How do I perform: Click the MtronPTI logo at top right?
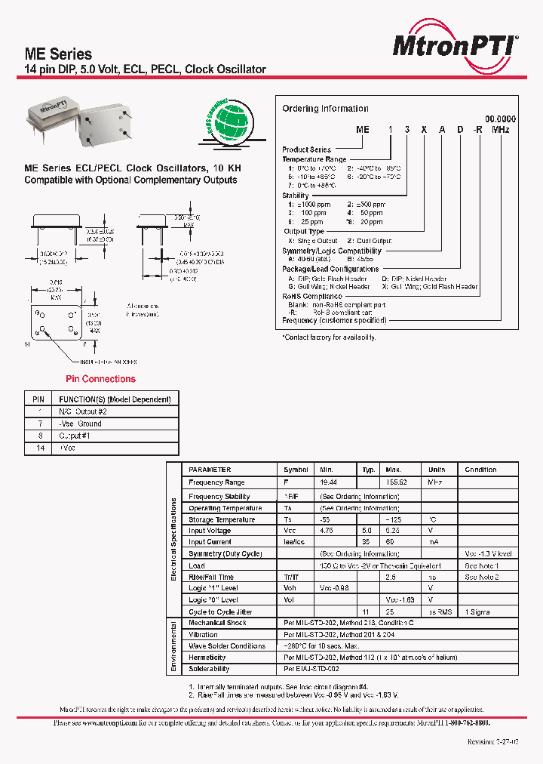click(456, 46)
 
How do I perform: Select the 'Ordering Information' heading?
click(325, 109)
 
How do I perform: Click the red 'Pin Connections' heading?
click(100, 379)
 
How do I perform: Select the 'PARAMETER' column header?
click(210, 470)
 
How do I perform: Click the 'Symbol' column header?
click(296, 470)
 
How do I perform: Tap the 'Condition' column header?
click(480, 470)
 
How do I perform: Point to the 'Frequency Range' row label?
click(216, 482)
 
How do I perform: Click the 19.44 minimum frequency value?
click(328, 482)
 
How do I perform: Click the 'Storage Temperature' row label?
click(222, 520)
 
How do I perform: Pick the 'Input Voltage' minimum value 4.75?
click(327, 531)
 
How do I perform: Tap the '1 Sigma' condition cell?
click(478, 612)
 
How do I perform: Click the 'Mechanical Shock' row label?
click(217, 623)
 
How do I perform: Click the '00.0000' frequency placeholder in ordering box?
click(500, 119)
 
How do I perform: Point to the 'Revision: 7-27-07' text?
click(492, 742)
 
